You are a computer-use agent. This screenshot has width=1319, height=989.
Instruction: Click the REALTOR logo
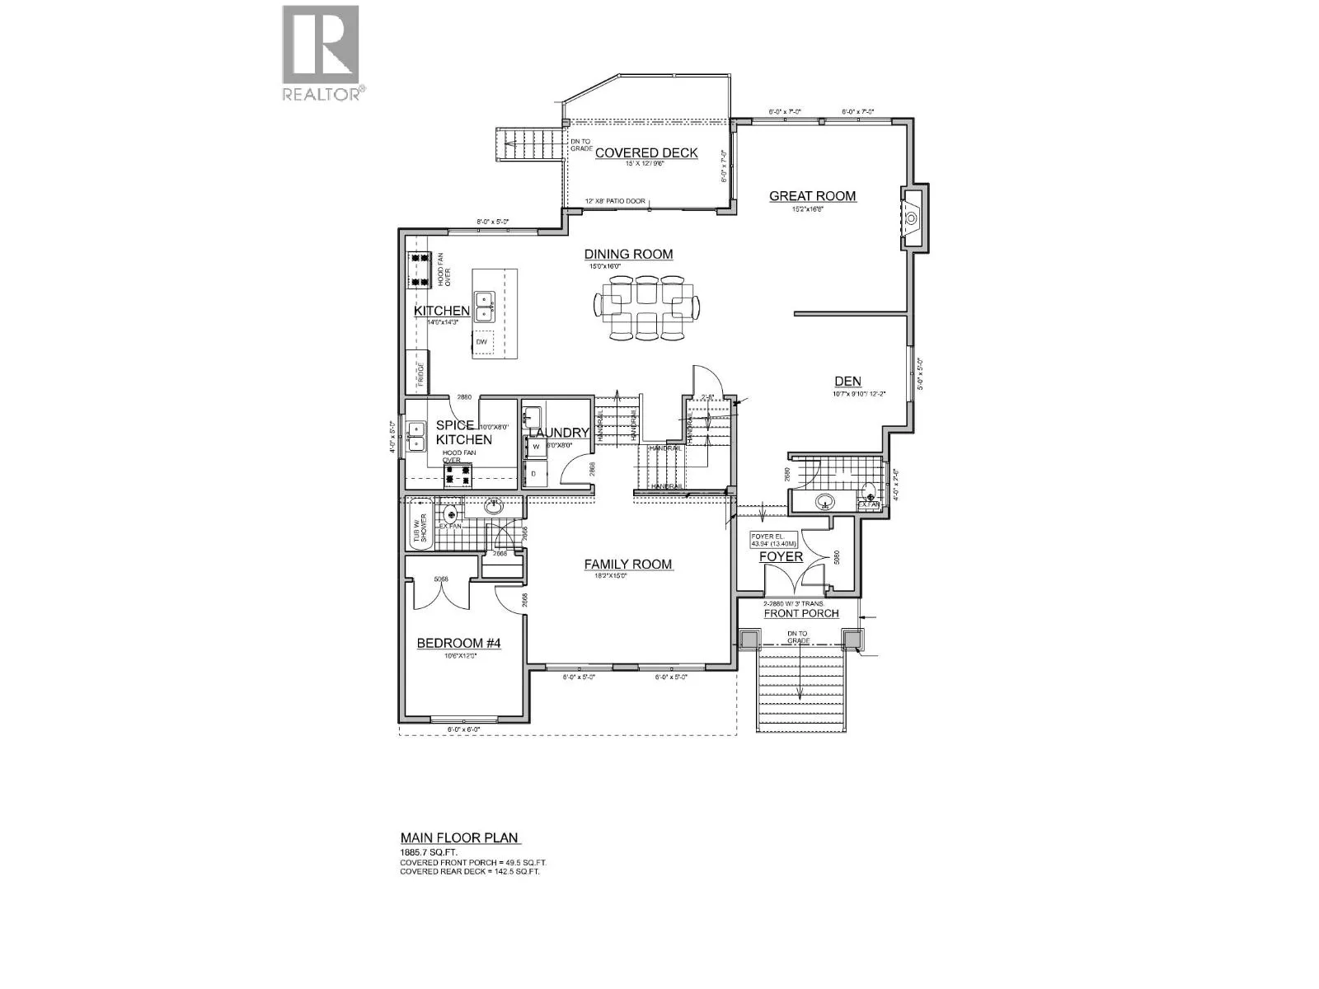pyautogui.click(x=321, y=53)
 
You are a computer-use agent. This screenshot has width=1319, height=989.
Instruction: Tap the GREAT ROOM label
pyautogui.click(x=812, y=196)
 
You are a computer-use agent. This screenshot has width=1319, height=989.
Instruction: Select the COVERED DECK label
pyautogui.click(x=646, y=152)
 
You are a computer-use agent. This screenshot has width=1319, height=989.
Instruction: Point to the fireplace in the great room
pyautogui.click(x=913, y=218)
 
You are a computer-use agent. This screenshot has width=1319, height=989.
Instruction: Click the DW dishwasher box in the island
pyautogui.click(x=483, y=341)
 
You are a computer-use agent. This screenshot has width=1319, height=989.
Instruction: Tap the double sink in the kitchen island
pyautogui.click(x=483, y=307)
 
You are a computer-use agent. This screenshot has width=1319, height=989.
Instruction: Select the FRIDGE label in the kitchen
pyautogui.click(x=420, y=376)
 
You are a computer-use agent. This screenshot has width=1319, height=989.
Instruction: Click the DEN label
pyautogui.click(x=847, y=381)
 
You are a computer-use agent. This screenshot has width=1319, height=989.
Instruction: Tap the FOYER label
pyautogui.click(x=781, y=556)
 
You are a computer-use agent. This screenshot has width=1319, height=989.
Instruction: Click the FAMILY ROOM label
pyautogui.click(x=628, y=565)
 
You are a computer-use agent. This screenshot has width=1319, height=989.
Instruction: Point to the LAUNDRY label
pyautogui.click(x=558, y=433)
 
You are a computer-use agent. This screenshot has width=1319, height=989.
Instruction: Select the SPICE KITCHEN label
pyautogui.click(x=464, y=432)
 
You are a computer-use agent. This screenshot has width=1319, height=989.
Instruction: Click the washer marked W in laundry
pyautogui.click(x=535, y=446)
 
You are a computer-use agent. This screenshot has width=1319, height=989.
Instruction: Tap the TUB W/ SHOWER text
pyautogui.click(x=420, y=524)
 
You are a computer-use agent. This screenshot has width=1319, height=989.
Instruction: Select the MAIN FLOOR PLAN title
pyautogui.click(x=459, y=838)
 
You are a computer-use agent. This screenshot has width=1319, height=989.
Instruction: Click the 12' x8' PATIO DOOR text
pyautogui.click(x=615, y=201)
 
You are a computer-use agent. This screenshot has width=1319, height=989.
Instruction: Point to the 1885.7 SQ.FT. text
pyautogui.click(x=429, y=852)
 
